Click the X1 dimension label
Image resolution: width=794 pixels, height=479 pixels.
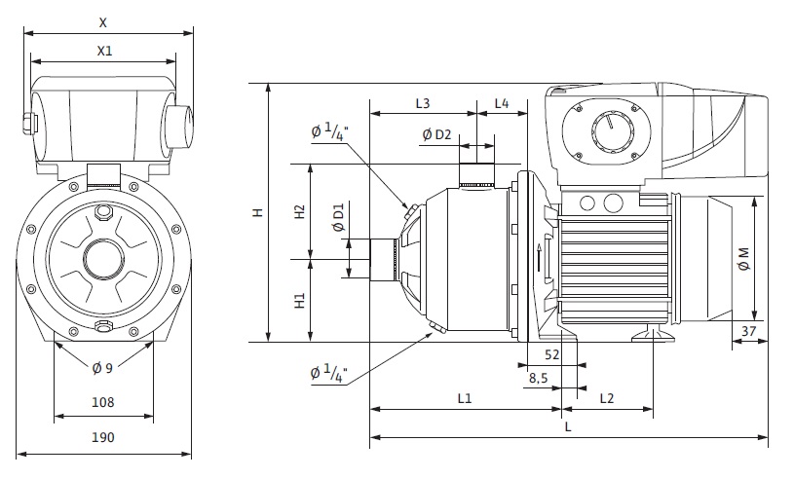click(104, 51)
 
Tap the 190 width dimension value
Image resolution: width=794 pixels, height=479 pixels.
click(103, 437)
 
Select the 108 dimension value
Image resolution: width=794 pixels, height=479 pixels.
click(103, 402)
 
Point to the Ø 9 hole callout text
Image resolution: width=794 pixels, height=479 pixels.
click(102, 368)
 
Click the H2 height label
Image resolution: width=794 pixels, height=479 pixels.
click(300, 211)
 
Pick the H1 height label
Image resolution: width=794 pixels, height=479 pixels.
click(300, 301)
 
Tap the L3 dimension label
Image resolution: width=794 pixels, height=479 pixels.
click(423, 103)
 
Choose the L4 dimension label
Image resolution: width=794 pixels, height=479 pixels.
click(502, 103)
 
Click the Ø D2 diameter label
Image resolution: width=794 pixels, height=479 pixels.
click(436, 134)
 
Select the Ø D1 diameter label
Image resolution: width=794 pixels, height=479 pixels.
click(338, 217)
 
